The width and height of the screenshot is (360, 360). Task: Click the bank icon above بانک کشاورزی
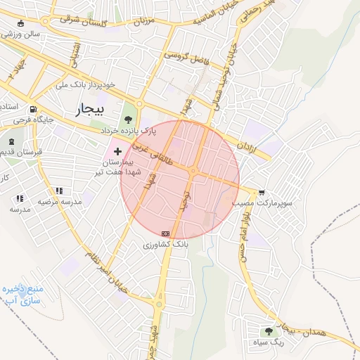click(165, 233)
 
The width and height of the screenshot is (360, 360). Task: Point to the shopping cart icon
click(262, 192)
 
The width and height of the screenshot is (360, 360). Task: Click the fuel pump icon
click(33, 110)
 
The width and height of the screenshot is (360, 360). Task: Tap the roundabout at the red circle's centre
click(193, 171)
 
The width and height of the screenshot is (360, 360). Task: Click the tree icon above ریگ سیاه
click(268, 331)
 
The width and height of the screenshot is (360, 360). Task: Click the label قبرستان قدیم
click(22, 151)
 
